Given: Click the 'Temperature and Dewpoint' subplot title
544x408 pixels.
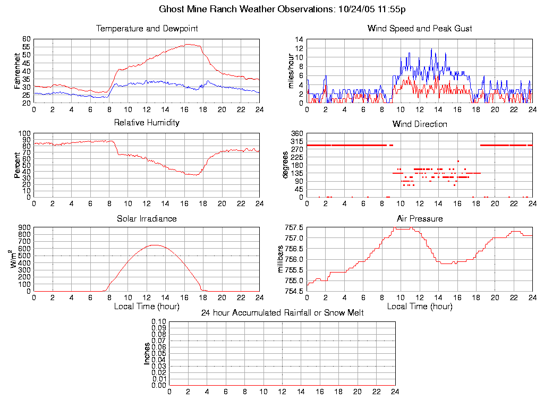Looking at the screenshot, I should pyautogui.click(x=147, y=28).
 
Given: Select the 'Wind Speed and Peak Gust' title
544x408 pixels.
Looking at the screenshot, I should pyautogui.click(x=420, y=28).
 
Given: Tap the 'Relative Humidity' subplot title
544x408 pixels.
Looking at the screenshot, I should pyautogui.click(x=147, y=123).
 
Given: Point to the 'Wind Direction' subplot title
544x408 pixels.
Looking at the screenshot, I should pyautogui.click(x=420, y=124).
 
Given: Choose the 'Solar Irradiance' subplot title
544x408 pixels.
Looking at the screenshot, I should pyautogui.click(x=147, y=218).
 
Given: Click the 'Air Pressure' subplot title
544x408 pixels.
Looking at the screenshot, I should pyautogui.click(x=420, y=218).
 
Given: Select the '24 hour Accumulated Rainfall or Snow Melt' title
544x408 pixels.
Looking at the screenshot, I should pyautogui.click(x=282, y=313).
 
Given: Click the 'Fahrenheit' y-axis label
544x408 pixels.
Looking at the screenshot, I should pyautogui.click(x=18, y=71).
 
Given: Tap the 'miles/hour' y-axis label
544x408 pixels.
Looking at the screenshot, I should pyautogui.click(x=291, y=71).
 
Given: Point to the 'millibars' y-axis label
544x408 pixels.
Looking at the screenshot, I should pyautogui.click(x=282, y=259).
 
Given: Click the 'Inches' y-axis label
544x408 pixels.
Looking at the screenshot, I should pyautogui.click(x=147, y=353).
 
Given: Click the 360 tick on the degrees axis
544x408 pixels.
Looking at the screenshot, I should pyautogui.click(x=297, y=133).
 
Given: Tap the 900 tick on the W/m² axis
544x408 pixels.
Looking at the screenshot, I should pyautogui.click(x=25, y=227).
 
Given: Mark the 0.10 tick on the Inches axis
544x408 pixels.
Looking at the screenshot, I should pyautogui.click(x=159, y=322).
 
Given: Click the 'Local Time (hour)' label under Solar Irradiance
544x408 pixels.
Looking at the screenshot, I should pyautogui.click(x=147, y=306).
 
